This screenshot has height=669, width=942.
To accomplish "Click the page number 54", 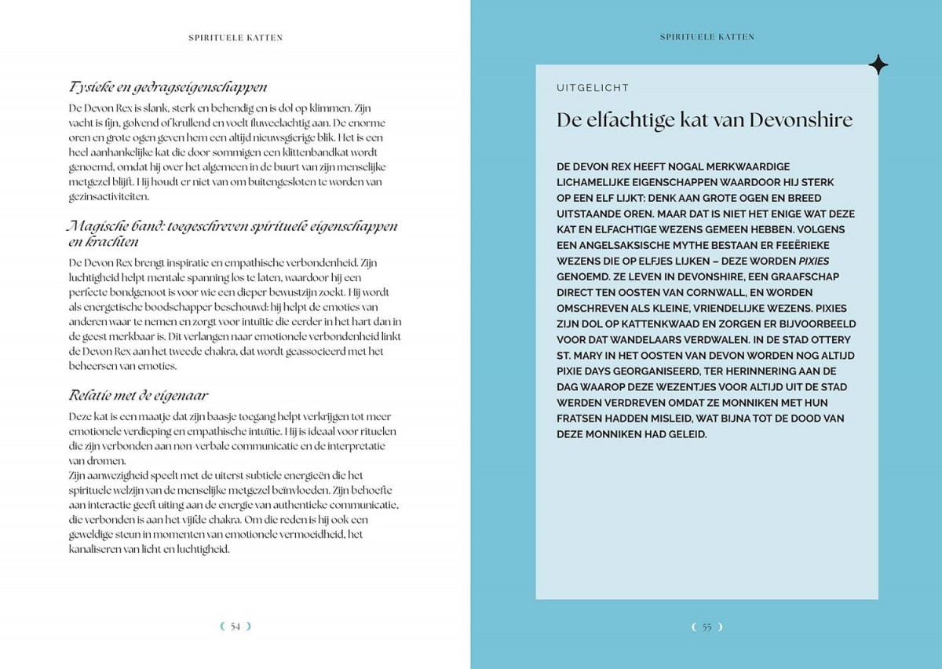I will pos(235,626).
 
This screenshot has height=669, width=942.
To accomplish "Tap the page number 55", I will pos(706,627).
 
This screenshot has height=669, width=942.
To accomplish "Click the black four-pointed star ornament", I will pos(878,65).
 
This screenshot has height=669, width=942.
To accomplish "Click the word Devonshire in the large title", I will pos(801,120).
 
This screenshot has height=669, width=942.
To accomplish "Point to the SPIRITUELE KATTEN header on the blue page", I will pos(706,37).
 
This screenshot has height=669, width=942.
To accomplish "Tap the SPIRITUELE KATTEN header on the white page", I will pos(235,37).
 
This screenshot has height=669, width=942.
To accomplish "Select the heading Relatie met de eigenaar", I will pos(137,395).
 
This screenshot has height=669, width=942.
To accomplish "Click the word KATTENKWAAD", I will pos(681,324).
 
